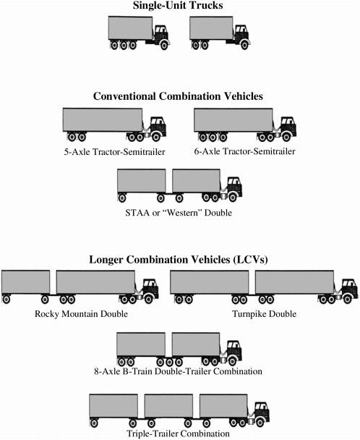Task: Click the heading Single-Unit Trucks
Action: click(x=179, y=7)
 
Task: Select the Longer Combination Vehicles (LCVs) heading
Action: click(x=179, y=259)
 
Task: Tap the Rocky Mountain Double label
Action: click(x=81, y=314)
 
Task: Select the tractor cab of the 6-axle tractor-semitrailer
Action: click(x=288, y=124)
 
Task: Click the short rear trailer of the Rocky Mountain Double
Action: click(x=25, y=282)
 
